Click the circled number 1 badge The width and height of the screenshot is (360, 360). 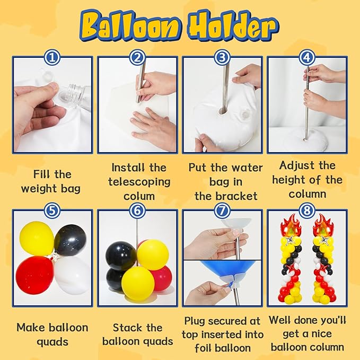(x=52, y=57)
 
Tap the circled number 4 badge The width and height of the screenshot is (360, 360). (x=307, y=57)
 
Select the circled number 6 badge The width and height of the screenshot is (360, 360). (x=137, y=210)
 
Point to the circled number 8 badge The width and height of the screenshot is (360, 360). (x=307, y=210)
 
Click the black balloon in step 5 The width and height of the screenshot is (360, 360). (x=71, y=240)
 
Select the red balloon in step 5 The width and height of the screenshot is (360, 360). (x=35, y=275)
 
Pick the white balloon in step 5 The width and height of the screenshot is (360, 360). (x=73, y=275)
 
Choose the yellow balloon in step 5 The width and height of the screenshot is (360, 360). (x=37, y=238)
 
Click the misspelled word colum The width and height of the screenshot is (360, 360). (x=139, y=197)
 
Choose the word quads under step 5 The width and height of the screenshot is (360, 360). (x=52, y=343)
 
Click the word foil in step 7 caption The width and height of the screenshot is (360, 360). (x=203, y=348)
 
